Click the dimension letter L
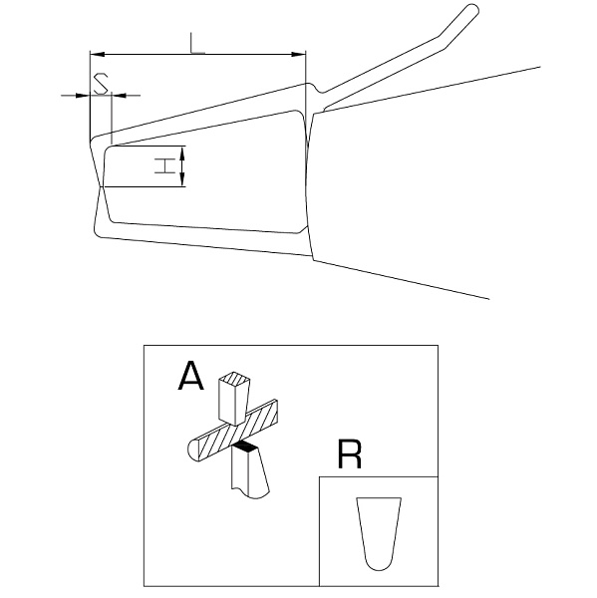197,43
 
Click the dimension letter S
101,84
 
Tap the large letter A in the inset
190,376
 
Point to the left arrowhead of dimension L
97,54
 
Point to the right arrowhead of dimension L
299,54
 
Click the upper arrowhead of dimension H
182,153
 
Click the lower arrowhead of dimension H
182,179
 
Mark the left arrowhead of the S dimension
83,95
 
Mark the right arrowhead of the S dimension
119,95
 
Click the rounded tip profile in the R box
379,533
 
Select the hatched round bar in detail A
233,431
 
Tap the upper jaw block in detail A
233,399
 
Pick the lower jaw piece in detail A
250,471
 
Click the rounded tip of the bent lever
473,9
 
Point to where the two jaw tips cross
101,187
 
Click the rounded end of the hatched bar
194,450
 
